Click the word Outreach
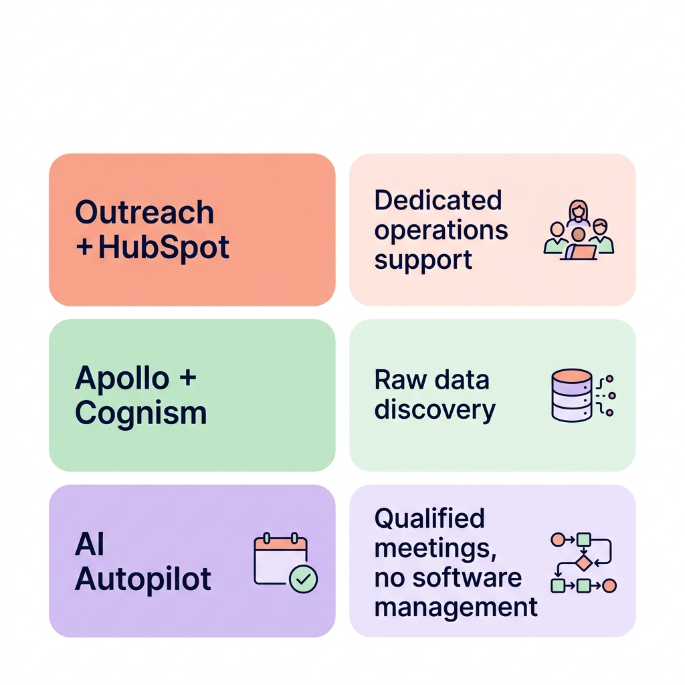tap(144, 213)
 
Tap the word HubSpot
tap(164, 248)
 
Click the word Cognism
tap(141, 413)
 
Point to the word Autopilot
tap(143, 579)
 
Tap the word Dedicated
tap(438, 200)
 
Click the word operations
tap(441, 231)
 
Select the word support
tap(423, 260)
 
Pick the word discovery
tap(435, 410)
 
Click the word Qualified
tap(429, 518)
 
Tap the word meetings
tap(435, 549)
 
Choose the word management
tap(456, 607)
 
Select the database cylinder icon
tap(572, 395)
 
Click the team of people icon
tap(579, 230)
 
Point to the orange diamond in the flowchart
tap(584, 563)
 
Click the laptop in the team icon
tap(581, 252)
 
